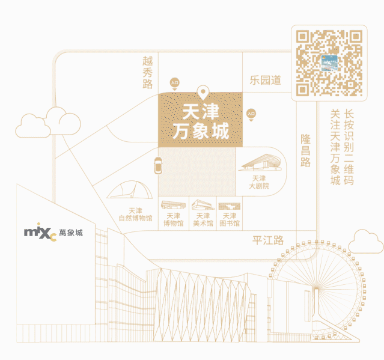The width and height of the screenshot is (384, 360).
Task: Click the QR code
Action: [329, 63]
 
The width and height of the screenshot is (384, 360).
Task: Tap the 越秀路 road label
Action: [148, 72]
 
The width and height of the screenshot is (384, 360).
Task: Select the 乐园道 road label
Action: [266, 80]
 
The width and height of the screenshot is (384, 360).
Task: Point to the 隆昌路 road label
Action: [305, 150]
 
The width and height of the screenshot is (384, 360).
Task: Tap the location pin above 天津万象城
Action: [203, 93]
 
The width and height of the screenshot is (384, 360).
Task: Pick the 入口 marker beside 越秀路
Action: [175, 83]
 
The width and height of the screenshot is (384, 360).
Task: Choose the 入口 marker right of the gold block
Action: [251, 113]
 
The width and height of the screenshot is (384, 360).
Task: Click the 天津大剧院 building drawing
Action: [259, 161]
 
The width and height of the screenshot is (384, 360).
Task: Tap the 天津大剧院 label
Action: [259, 182]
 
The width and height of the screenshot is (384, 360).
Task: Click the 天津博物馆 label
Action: [174, 219]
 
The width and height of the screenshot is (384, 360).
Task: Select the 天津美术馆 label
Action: [203, 219]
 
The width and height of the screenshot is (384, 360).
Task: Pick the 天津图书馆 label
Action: [230, 219]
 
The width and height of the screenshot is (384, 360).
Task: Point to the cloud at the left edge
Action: [49, 123]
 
